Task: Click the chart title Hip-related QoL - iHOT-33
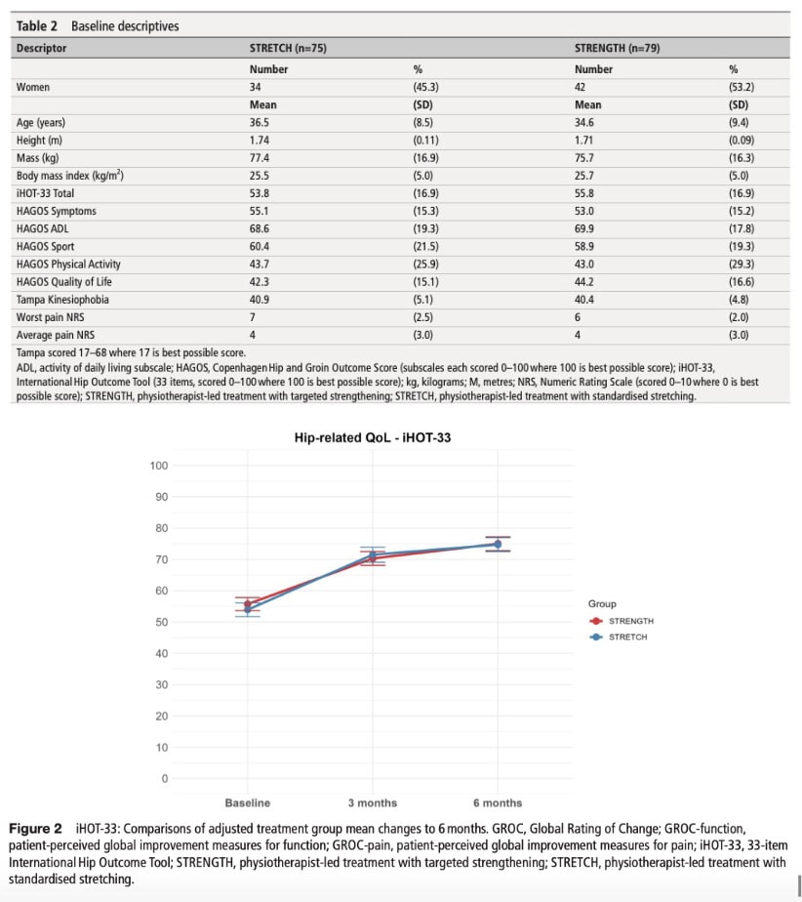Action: click(373, 437)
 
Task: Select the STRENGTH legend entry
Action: click(622, 621)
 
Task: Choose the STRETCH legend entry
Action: click(619, 637)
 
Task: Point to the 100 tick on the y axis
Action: click(159, 466)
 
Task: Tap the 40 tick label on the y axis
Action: click(162, 653)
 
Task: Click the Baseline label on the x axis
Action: click(247, 803)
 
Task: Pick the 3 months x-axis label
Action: click(373, 803)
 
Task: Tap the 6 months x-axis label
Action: click(498, 803)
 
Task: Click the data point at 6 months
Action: click(498, 544)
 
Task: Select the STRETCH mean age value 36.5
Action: click(260, 123)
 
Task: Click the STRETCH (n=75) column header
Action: click(288, 49)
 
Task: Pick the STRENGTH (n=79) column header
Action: click(618, 49)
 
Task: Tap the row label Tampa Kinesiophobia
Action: click(62, 300)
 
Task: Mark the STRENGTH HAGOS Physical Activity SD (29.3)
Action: click(742, 264)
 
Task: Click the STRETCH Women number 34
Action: click(256, 87)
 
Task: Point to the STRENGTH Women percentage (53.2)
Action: click(742, 87)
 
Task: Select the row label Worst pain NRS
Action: click(50, 317)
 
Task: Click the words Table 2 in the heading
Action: click(37, 26)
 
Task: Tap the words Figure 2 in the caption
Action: click(35, 829)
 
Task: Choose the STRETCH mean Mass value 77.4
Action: click(260, 158)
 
